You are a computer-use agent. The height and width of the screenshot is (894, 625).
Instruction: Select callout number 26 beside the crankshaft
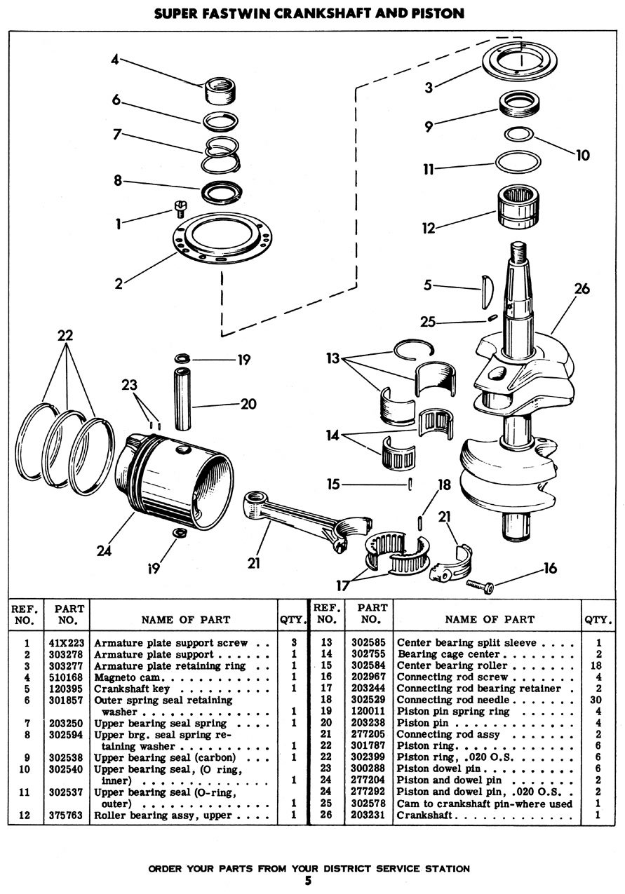[x=582, y=288]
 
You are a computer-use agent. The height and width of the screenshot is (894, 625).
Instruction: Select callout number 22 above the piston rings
[x=65, y=336]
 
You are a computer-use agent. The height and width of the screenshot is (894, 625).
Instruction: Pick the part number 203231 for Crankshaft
[x=372, y=815]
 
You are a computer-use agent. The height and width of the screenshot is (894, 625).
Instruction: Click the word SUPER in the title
[x=182, y=14]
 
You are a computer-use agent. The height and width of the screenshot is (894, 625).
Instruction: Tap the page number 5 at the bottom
[x=308, y=881]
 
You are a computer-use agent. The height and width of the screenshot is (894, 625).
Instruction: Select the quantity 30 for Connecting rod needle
[x=598, y=700]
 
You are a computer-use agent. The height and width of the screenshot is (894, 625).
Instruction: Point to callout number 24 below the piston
[x=104, y=550]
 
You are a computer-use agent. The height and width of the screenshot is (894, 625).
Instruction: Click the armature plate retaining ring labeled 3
[x=518, y=60]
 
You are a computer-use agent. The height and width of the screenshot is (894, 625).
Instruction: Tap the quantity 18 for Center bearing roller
[x=598, y=665]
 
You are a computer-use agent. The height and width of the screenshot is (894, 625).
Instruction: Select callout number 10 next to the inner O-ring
[x=583, y=155]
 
